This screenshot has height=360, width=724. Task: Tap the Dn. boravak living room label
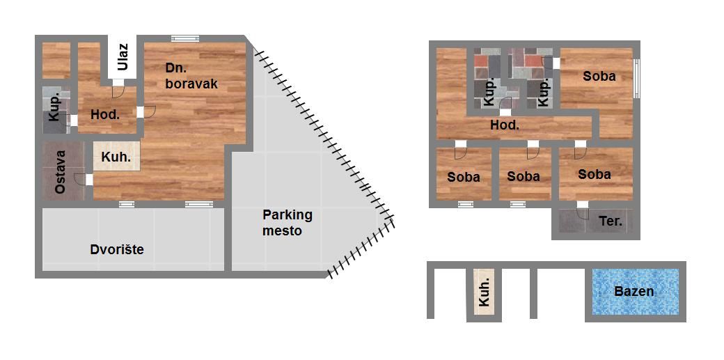click(191, 77)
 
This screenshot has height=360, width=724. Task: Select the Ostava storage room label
click(60, 173)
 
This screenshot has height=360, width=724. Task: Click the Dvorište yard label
click(117, 250)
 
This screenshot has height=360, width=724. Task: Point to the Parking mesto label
click(288, 222)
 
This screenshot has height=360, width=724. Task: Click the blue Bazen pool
click(636, 292)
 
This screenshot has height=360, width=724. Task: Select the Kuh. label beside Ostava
click(116, 157)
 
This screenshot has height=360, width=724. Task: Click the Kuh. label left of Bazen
click(484, 293)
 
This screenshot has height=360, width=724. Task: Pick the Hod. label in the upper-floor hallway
click(505, 125)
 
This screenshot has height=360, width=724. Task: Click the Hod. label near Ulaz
click(105, 115)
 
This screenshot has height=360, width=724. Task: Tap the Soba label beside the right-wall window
click(599, 76)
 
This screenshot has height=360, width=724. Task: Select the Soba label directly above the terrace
click(595, 174)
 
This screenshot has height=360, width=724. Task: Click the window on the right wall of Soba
click(636, 78)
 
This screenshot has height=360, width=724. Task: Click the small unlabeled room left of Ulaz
click(56, 61)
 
